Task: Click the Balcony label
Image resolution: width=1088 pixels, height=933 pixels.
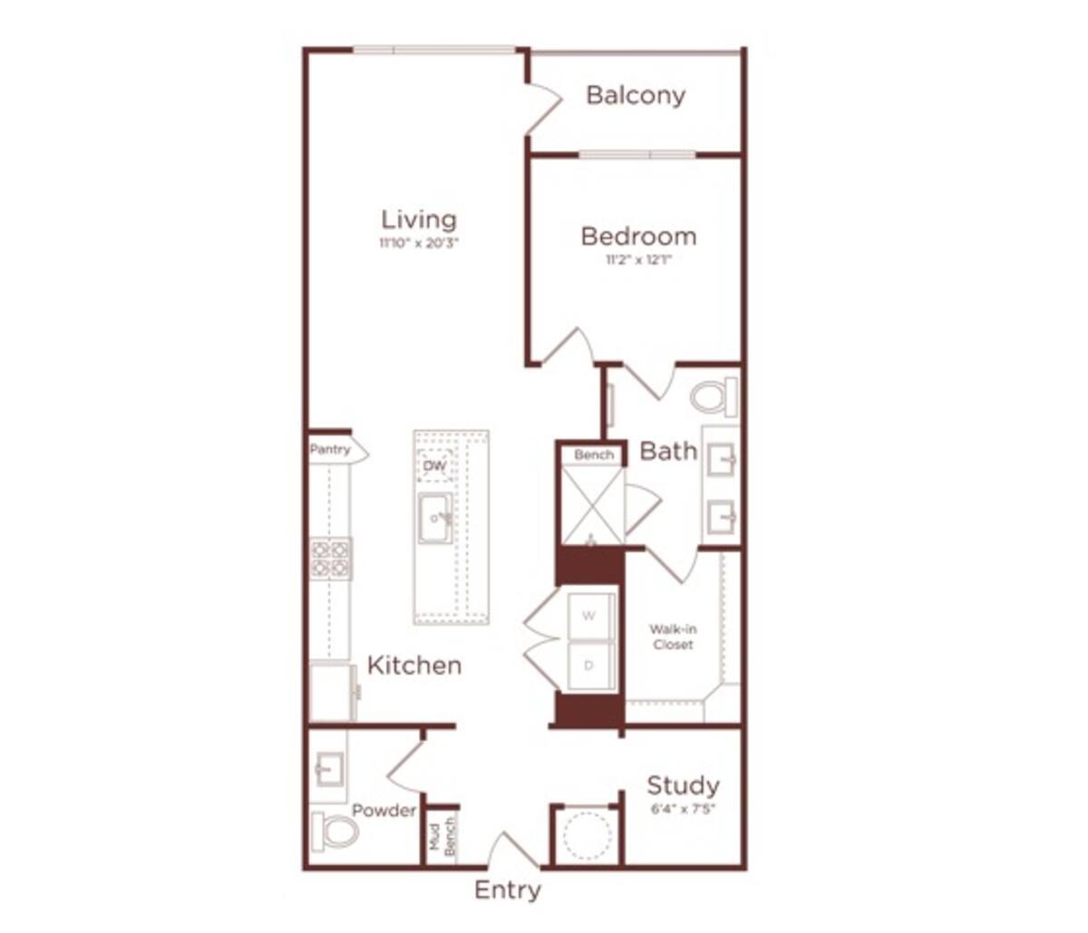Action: pyautogui.click(x=636, y=95)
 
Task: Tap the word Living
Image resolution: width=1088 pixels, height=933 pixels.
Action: pyautogui.click(x=419, y=219)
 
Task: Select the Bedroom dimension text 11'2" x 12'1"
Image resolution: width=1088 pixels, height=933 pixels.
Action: pyautogui.click(x=638, y=260)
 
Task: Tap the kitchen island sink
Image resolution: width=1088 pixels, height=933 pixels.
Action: pyautogui.click(x=435, y=519)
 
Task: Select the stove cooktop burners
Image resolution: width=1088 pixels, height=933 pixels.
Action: pyautogui.click(x=331, y=559)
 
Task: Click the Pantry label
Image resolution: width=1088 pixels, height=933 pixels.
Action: pyautogui.click(x=331, y=450)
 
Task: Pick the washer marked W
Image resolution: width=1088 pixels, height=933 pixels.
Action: pyautogui.click(x=589, y=617)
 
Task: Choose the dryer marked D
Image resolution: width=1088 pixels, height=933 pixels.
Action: pyautogui.click(x=589, y=666)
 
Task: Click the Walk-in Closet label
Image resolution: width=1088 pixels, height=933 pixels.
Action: pyautogui.click(x=673, y=637)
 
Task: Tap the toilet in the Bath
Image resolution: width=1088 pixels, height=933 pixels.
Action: pyautogui.click(x=714, y=397)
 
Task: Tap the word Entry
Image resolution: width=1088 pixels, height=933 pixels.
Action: pyautogui.click(x=508, y=890)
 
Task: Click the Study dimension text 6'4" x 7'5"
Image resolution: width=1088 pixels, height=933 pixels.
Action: pyautogui.click(x=683, y=809)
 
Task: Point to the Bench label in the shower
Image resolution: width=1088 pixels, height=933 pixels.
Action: pyautogui.click(x=594, y=454)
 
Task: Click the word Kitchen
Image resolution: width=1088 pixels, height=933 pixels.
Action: pyautogui.click(x=414, y=666)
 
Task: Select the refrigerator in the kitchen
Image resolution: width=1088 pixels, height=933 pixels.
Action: pyautogui.click(x=332, y=692)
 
